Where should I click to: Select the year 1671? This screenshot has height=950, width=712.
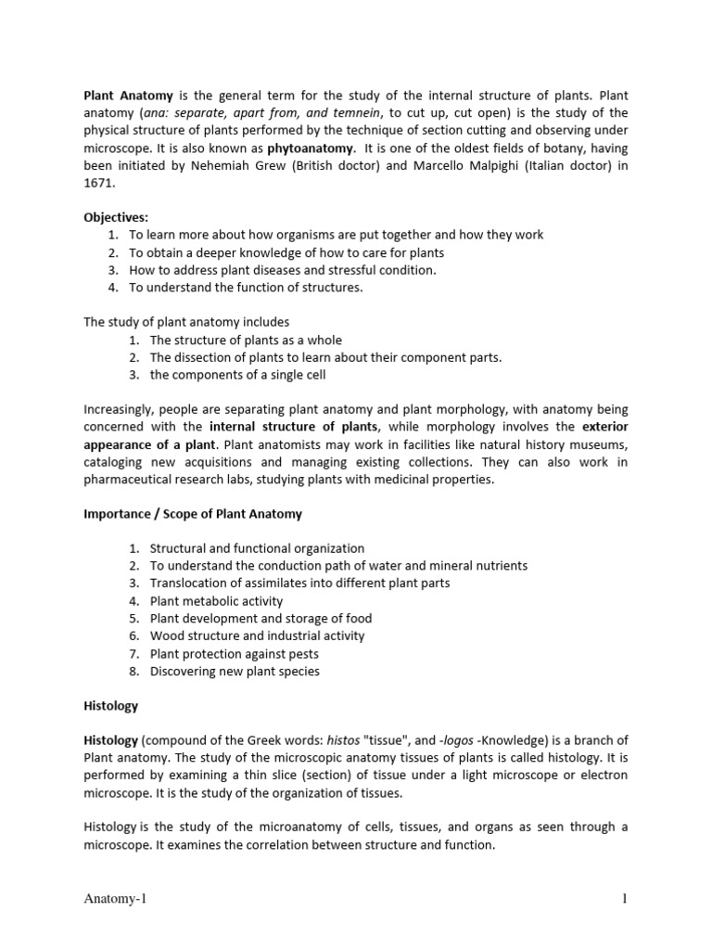[x=99, y=183]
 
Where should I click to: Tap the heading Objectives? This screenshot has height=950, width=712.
[x=116, y=217]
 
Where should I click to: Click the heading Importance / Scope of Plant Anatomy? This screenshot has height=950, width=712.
[x=193, y=513]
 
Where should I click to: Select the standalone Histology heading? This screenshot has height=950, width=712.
[x=110, y=705]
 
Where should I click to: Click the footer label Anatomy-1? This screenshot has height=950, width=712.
[x=115, y=900]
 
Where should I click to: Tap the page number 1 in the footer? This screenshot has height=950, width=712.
[x=624, y=900]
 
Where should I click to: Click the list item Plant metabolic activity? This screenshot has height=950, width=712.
[x=216, y=601]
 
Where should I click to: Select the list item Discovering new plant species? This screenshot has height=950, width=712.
[x=235, y=671]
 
